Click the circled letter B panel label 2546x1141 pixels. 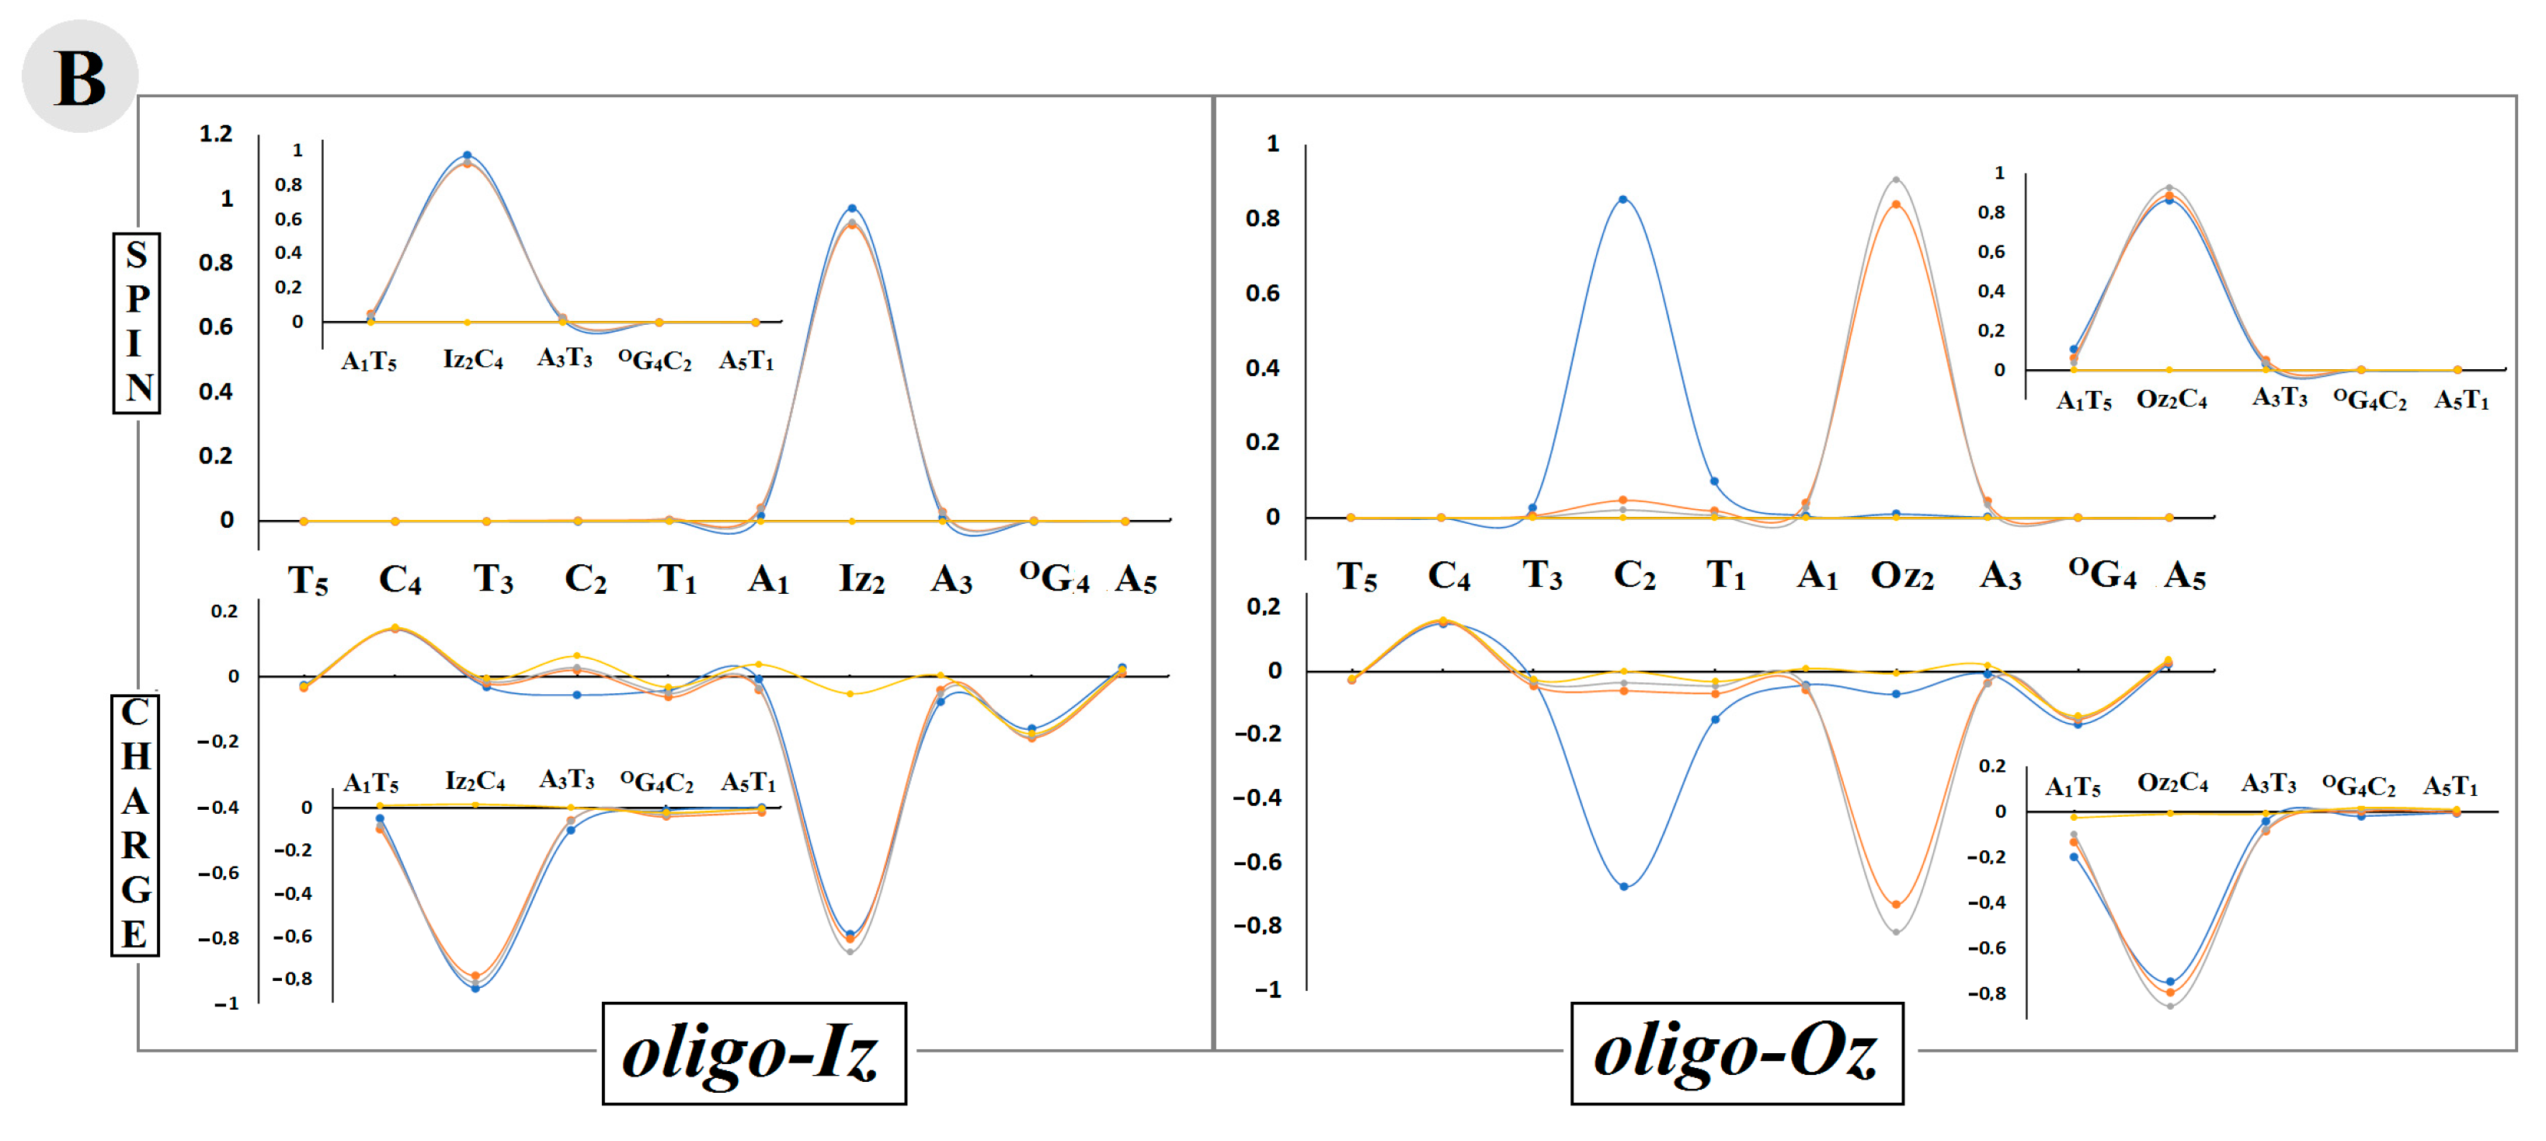pos(79,77)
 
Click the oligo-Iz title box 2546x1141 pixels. pos(753,1054)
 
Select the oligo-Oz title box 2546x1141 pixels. pos(1736,1052)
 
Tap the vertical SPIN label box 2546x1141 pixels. pos(137,323)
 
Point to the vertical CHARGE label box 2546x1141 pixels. pos(134,824)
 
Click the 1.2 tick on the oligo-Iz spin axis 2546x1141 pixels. pos(215,134)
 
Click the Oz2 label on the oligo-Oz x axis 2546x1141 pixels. pos(1901,575)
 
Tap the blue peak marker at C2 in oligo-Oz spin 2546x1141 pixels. pos(1623,200)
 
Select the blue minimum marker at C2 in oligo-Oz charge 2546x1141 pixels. pos(1624,887)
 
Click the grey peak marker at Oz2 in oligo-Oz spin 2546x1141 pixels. pos(1896,180)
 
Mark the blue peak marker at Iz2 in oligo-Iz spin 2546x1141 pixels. pos(852,208)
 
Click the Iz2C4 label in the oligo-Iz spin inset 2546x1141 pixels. pos(472,359)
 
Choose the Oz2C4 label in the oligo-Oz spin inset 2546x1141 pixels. pos(2172,400)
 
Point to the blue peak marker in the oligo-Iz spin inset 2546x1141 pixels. pos(468,155)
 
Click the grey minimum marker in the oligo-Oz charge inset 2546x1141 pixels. pos(2169,1006)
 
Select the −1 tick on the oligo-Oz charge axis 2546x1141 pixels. pos(1267,989)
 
